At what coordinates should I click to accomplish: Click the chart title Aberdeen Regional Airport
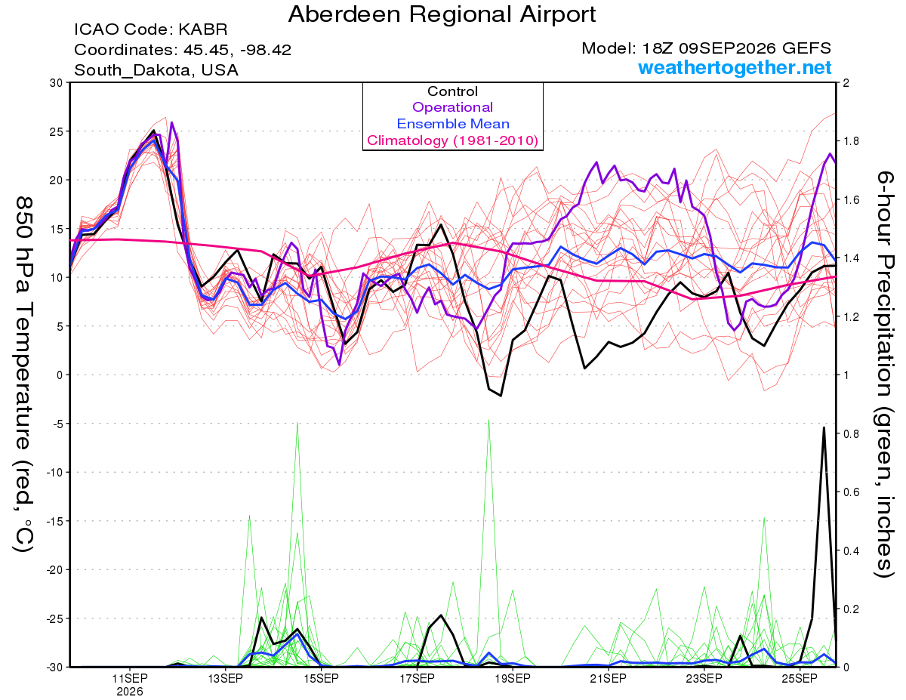click(442, 14)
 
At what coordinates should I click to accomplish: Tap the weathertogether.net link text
click(735, 67)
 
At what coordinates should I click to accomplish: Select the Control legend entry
click(452, 91)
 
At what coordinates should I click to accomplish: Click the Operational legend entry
click(452, 107)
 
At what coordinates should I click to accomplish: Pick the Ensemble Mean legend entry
click(453, 124)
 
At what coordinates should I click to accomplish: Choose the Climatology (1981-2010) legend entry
click(453, 140)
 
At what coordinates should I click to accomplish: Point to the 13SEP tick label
click(226, 678)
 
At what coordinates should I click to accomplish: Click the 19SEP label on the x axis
click(513, 678)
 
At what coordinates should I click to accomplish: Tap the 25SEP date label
click(800, 678)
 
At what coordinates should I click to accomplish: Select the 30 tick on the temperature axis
click(56, 83)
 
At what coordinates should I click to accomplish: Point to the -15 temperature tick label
click(54, 521)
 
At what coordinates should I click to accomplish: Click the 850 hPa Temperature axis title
click(23, 375)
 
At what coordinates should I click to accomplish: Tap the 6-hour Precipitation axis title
click(884, 375)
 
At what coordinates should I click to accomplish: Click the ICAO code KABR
click(203, 29)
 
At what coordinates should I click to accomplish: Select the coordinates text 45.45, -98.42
click(237, 50)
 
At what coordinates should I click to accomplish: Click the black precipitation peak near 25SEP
click(824, 427)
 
